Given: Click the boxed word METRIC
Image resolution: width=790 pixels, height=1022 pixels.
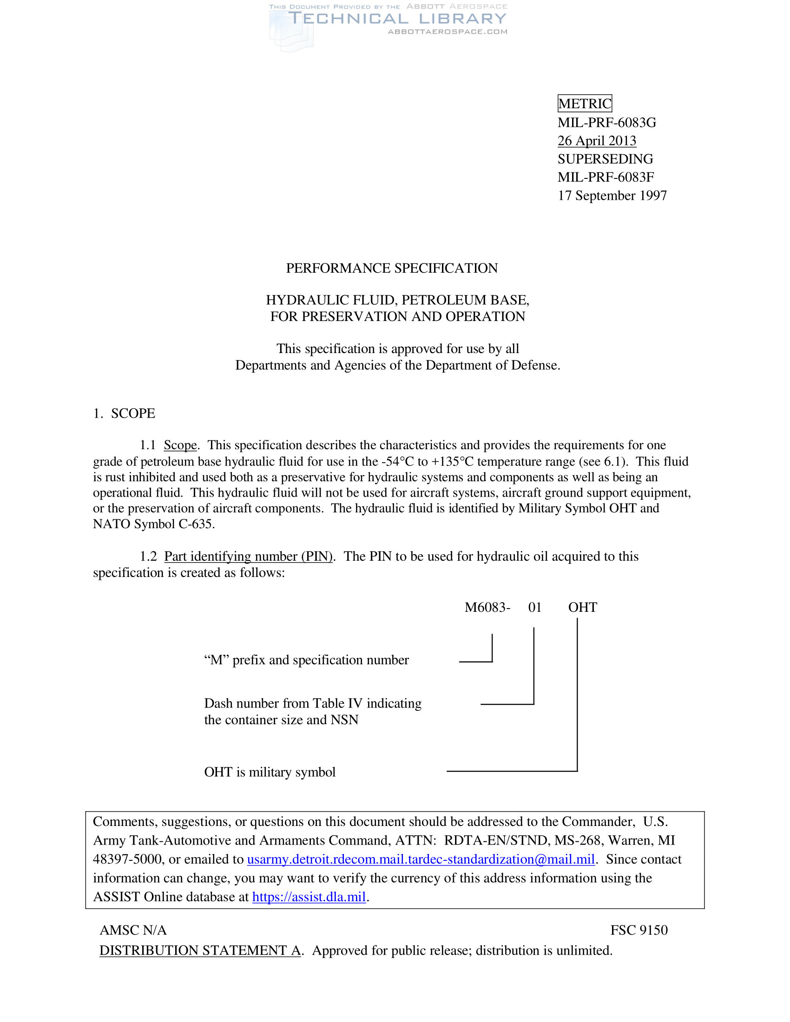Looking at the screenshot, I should [x=585, y=104].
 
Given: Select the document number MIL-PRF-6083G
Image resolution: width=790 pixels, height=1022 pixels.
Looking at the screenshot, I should [x=606, y=123].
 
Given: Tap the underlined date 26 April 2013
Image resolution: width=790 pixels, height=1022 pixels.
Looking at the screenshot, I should [x=597, y=141].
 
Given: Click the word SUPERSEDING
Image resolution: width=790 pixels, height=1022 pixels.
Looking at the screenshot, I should [x=605, y=159].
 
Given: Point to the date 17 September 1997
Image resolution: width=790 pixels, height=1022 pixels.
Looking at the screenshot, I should [x=612, y=196].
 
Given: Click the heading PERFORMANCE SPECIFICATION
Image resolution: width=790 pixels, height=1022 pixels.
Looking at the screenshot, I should [x=392, y=268].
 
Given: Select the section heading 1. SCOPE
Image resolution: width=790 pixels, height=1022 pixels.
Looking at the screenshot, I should [x=124, y=413].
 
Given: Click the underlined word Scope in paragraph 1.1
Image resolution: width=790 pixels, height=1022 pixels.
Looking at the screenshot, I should [x=180, y=445].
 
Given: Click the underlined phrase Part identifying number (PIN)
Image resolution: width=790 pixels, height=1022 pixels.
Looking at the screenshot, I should [x=248, y=557].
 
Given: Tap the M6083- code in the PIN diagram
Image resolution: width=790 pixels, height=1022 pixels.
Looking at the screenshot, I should [x=487, y=608].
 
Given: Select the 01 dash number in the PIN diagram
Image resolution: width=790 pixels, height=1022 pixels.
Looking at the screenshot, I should [x=534, y=608].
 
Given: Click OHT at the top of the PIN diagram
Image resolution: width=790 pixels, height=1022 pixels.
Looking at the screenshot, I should [x=582, y=608].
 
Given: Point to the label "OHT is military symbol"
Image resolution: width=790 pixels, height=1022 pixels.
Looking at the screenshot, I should [x=270, y=772].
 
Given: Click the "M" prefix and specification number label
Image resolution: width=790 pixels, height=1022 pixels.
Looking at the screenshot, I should [x=306, y=660].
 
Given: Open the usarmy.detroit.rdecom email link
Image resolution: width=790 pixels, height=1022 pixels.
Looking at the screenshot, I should [x=421, y=859].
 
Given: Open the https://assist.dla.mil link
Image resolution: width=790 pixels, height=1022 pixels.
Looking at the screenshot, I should [x=309, y=897].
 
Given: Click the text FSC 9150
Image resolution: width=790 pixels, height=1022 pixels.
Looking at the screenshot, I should [x=639, y=930].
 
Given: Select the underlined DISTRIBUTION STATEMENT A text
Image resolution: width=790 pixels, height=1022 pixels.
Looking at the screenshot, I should [x=200, y=950].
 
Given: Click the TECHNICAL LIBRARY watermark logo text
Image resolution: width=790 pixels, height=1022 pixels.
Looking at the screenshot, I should [x=397, y=19].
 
